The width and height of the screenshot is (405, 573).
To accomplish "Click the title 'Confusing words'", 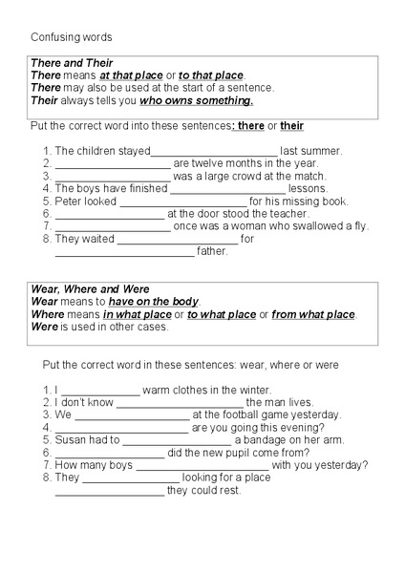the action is pyautogui.click(x=71, y=37).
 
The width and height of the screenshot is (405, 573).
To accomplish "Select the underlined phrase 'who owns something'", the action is pyautogui.click(x=196, y=100).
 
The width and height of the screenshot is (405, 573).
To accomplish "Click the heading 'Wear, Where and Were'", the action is pyautogui.click(x=90, y=289).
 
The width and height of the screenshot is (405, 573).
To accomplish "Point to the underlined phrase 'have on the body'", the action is pyautogui.click(x=154, y=302).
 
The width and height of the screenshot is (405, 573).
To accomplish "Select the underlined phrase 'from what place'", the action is pyautogui.click(x=313, y=314).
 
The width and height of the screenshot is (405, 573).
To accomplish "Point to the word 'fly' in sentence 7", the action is pyautogui.click(x=360, y=226).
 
